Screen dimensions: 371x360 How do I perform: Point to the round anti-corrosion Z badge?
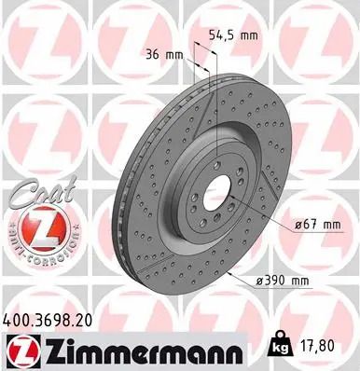tap(36, 230)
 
